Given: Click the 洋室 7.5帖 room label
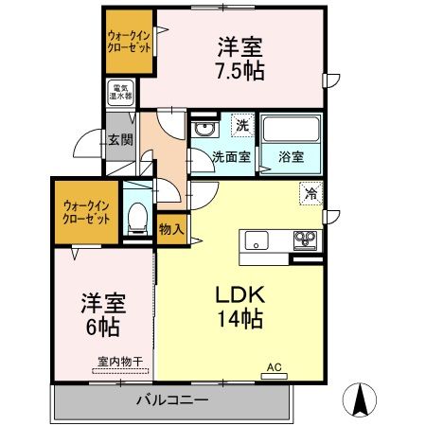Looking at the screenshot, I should [x=241, y=59].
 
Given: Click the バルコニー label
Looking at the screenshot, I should [x=170, y=400].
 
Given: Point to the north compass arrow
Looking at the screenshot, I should [x=360, y=399].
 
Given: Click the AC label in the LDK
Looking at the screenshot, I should [x=275, y=367].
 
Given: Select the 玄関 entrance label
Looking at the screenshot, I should [x=120, y=140].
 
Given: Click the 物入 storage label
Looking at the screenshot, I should [x=170, y=229].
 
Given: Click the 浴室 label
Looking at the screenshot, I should [x=291, y=157].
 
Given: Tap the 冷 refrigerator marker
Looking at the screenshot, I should [x=311, y=193].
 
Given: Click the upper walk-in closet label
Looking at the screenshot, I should [x=128, y=42].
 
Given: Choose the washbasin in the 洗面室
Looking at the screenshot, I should [x=203, y=129].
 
